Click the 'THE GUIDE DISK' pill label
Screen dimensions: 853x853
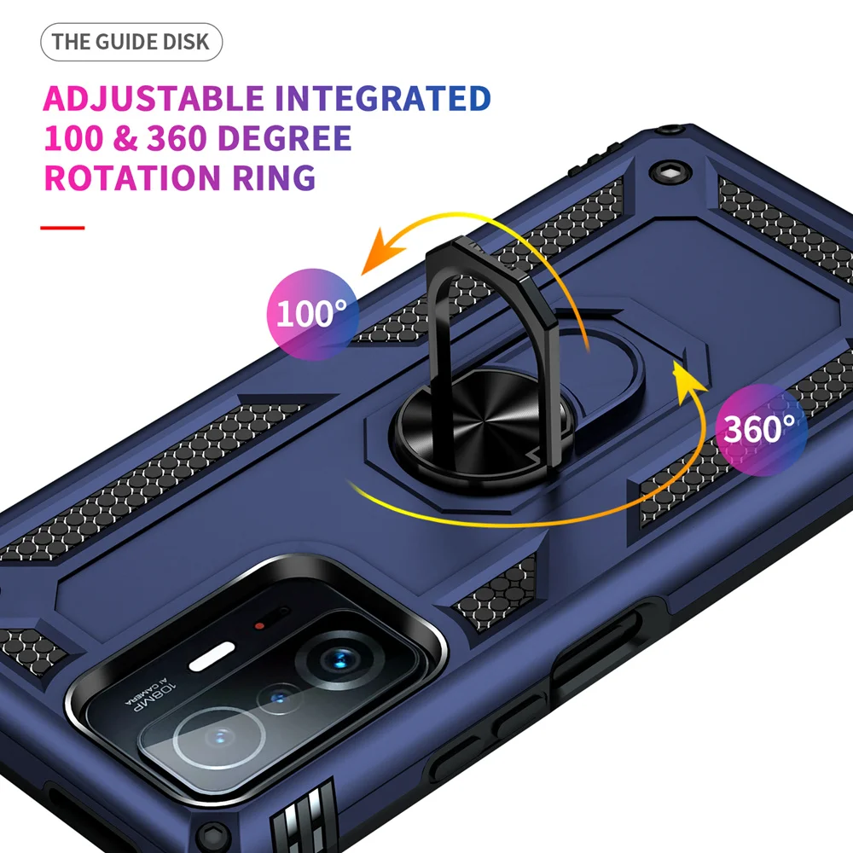tap(131, 42)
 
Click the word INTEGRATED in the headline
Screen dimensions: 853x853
tap(383, 99)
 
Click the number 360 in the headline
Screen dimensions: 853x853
tap(171, 138)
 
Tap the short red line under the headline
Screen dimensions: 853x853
tap(63, 228)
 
